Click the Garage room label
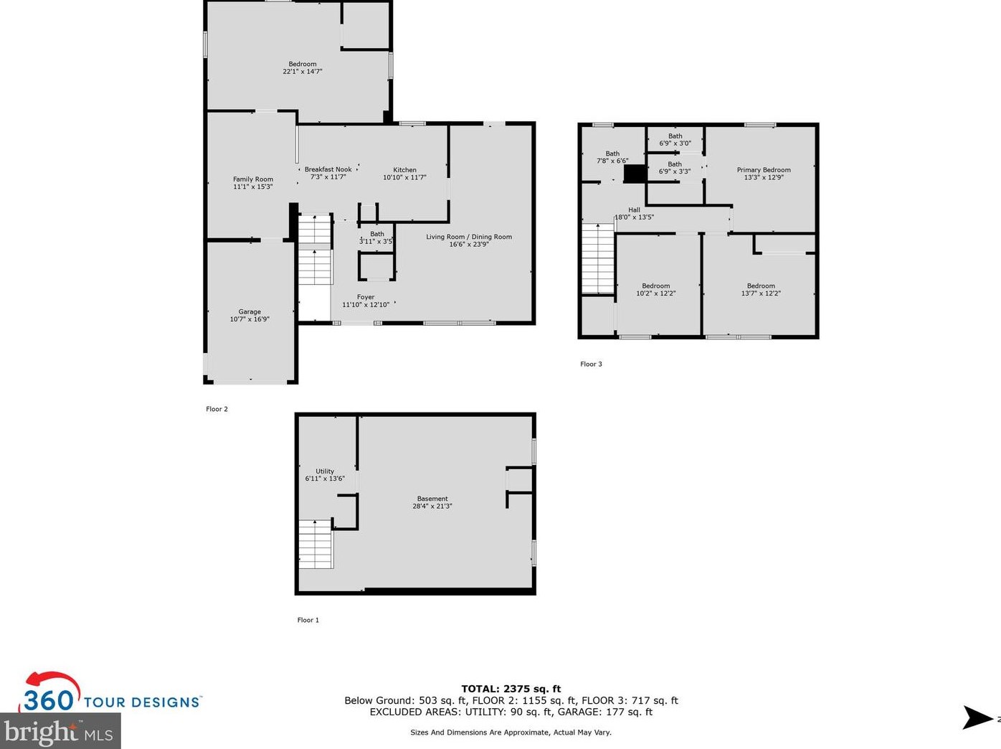point(250,311)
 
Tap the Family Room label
point(253,179)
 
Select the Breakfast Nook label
point(328,169)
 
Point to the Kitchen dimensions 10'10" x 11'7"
point(404,177)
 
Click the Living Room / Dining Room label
point(469,237)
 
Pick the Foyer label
point(366,297)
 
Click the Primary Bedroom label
point(764,170)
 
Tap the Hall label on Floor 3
point(634,209)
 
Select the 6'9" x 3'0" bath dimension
point(675,143)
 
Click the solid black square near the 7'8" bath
point(635,174)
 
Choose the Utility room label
point(325,471)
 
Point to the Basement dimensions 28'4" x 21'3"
point(432,506)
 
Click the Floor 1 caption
point(308,620)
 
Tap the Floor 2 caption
point(217,409)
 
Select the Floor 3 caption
point(591,364)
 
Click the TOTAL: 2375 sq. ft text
point(511,689)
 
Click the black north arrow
point(977,717)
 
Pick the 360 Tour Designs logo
point(110,692)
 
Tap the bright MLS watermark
point(60,731)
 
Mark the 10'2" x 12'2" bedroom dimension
point(656,293)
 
